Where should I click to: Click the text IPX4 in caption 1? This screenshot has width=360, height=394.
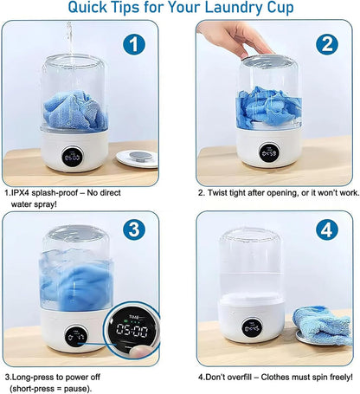[27, 192]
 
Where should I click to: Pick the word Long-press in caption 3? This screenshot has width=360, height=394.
[39, 378]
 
